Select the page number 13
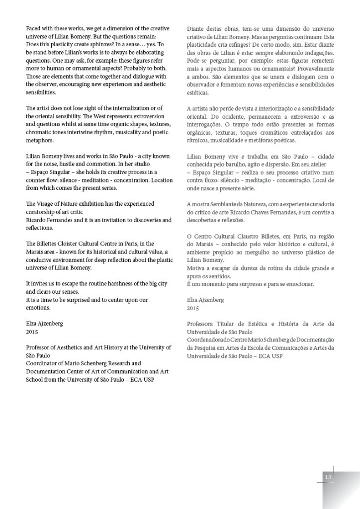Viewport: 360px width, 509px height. click(328, 477)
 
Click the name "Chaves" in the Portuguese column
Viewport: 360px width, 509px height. click(269, 212)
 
